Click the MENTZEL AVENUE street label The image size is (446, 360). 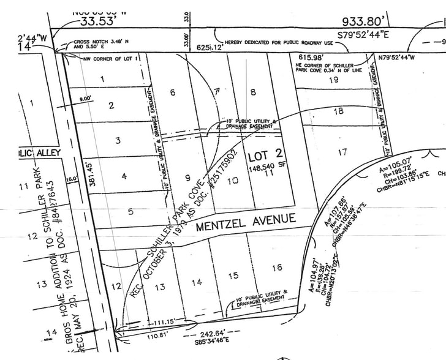tap(246, 221)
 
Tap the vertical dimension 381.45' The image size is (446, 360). tap(93, 175)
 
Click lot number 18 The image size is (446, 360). tap(338, 111)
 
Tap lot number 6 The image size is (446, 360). tap(173, 92)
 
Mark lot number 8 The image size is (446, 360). tap(252, 92)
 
